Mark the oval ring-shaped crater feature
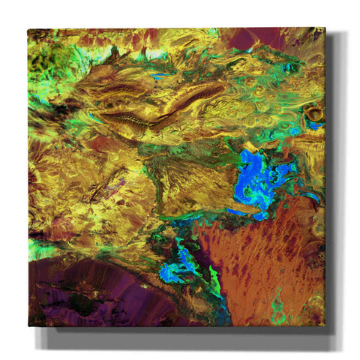pyautogui.click(x=313, y=114)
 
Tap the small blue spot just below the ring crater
pyautogui.click(x=312, y=127)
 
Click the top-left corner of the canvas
pyautogui.click(x=28, y=29)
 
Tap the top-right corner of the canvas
pyautogui.click(x=325, y=28)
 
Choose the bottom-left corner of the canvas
pyautogui.click(x=29, y=325)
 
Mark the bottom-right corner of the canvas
pyautogui.click(x=325, y=325)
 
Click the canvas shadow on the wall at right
pyautogui.click(x=337, y=187)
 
